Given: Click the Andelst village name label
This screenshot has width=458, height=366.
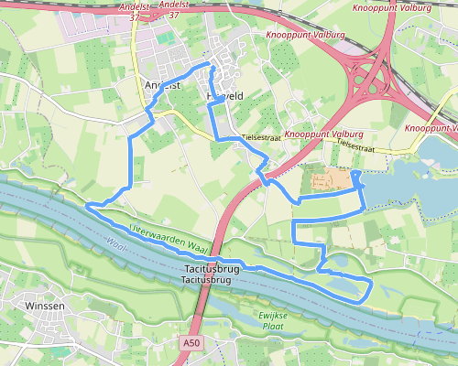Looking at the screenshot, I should (163, 85).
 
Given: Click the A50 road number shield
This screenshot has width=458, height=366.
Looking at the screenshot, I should (191, 343).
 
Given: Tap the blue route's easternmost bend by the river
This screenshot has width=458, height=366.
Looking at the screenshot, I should (371, 287).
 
